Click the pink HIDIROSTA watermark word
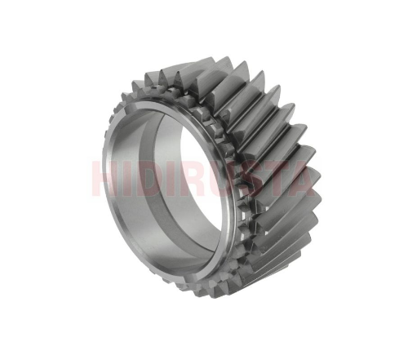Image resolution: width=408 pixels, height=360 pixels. (203, 179)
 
